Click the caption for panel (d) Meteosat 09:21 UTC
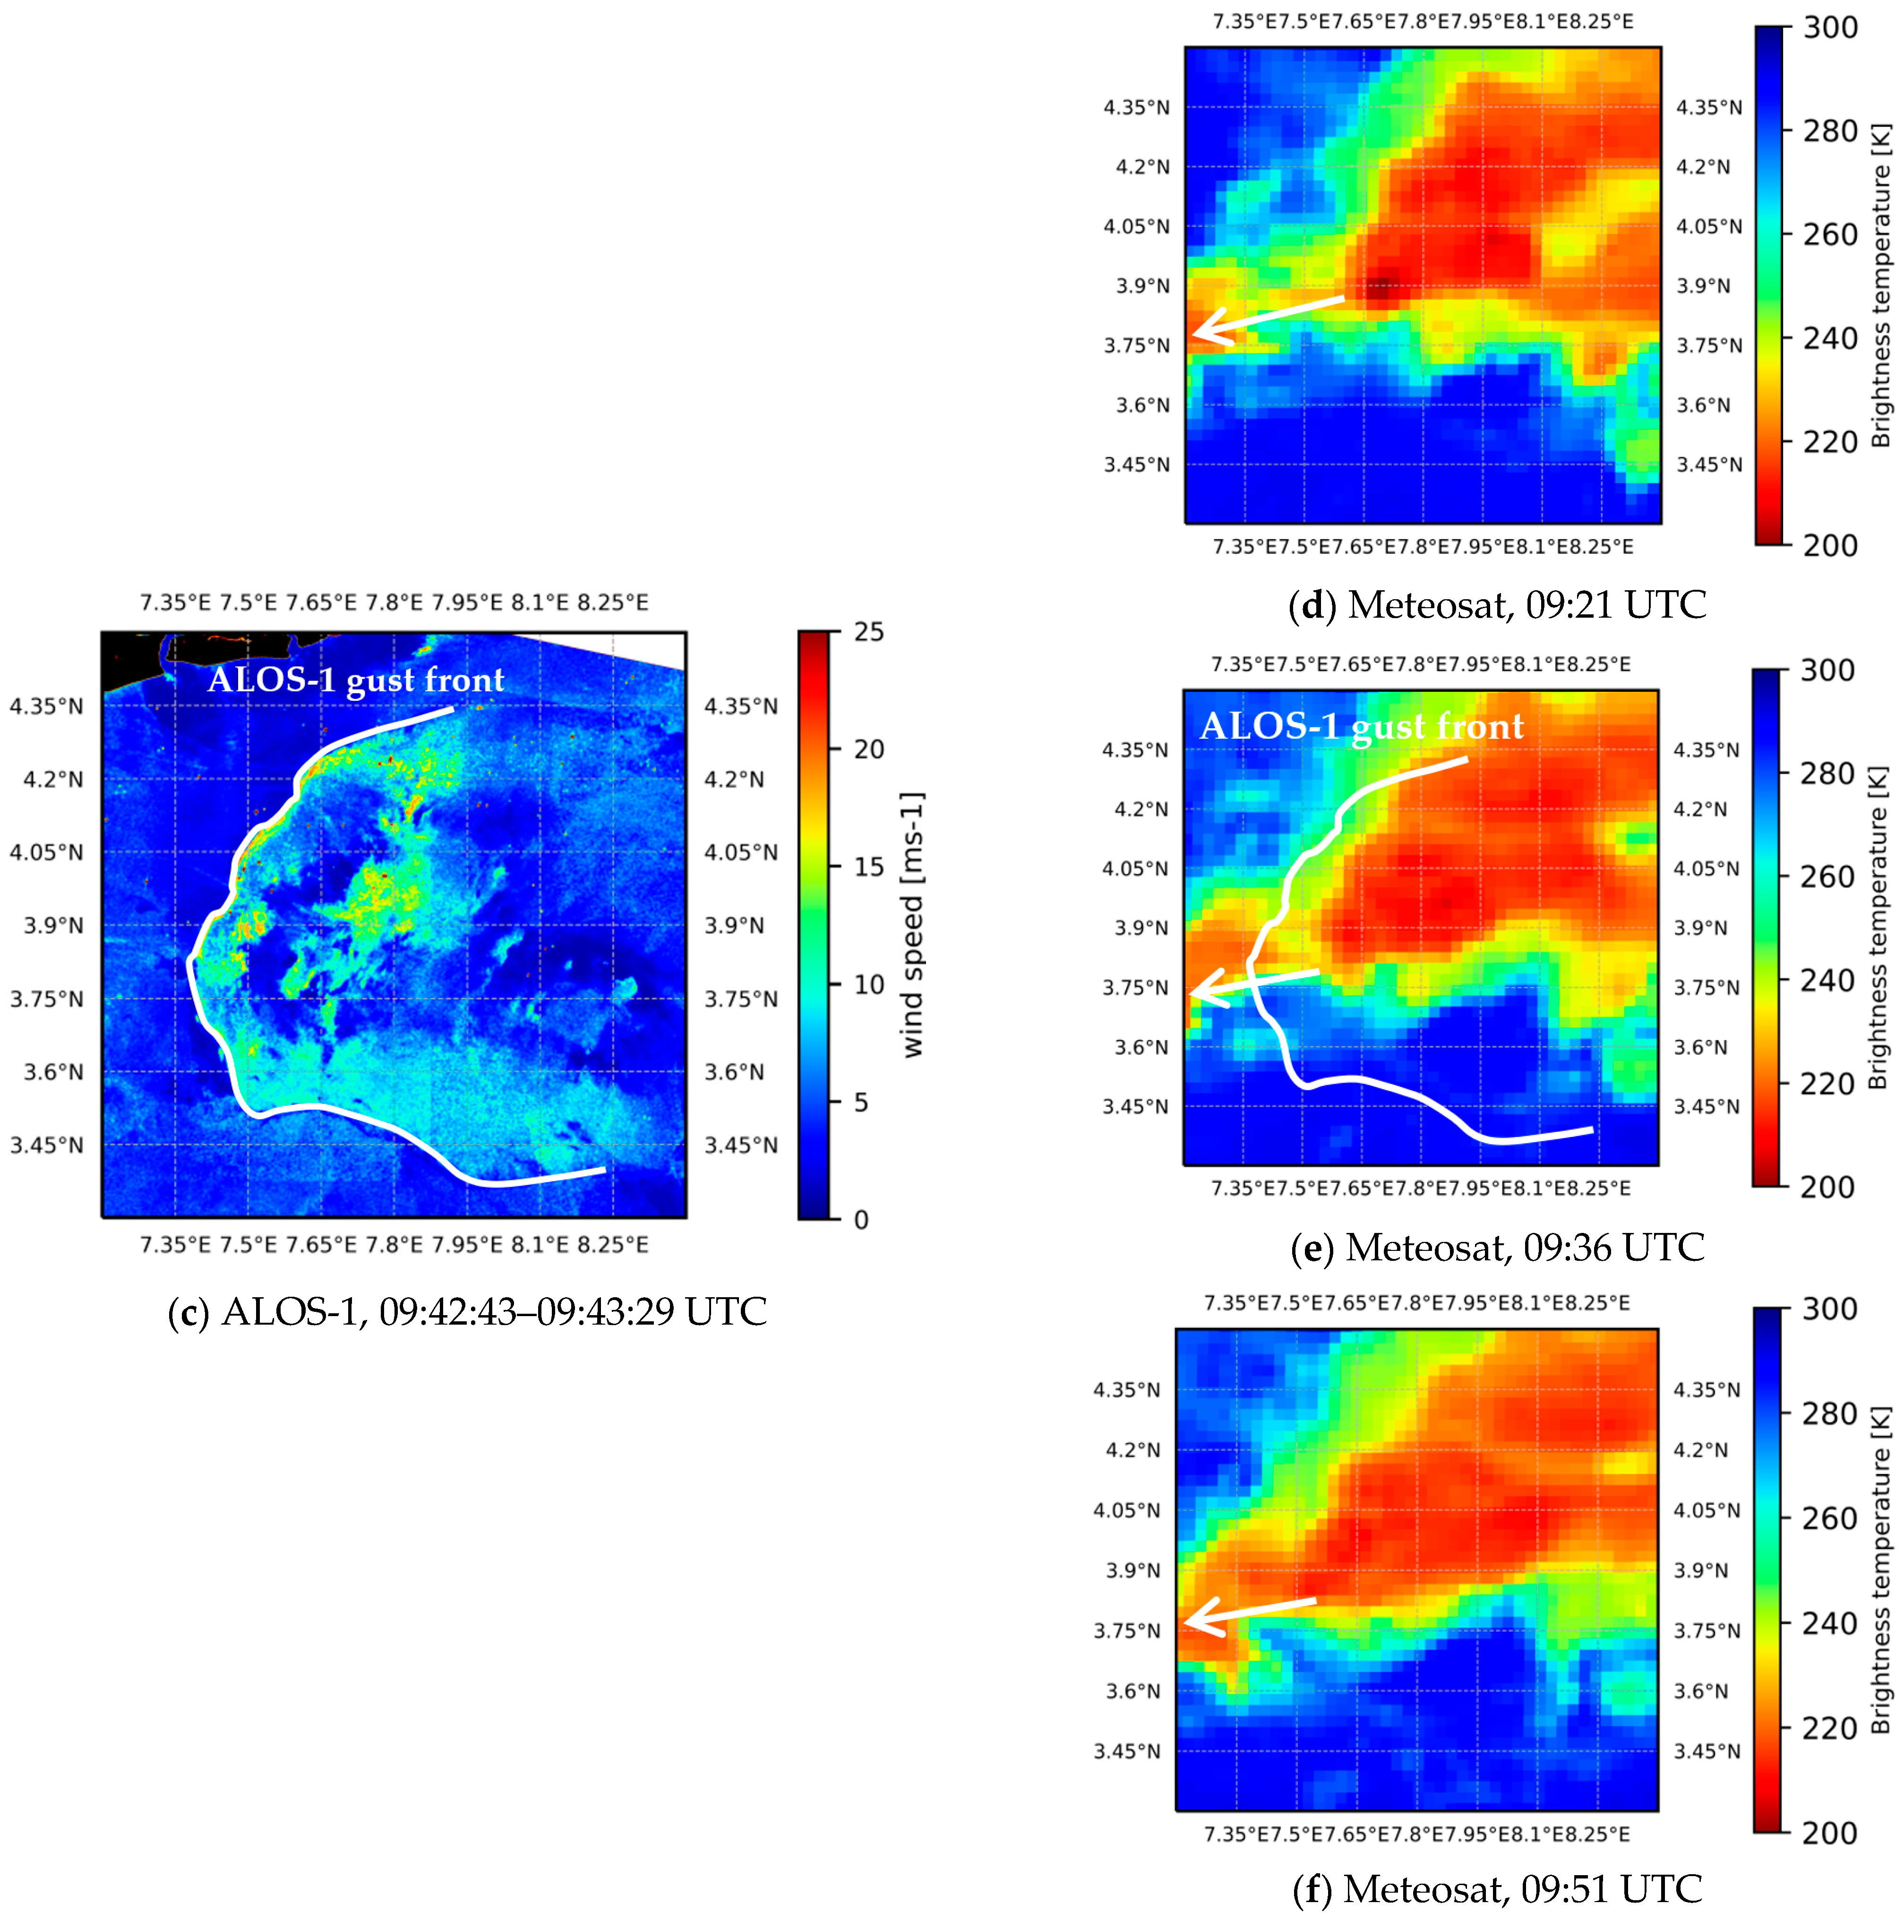(1496, 604)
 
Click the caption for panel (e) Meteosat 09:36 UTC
(1496, 1247)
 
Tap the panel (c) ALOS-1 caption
(467, 1311)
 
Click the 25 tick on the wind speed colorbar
(868, 632)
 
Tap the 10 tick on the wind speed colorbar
(868, 984)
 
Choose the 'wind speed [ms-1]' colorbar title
(913, 925)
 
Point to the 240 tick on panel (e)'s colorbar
(1827, 981)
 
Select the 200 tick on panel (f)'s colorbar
(1829, 1833)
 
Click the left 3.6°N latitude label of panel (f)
(1132, 1691)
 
